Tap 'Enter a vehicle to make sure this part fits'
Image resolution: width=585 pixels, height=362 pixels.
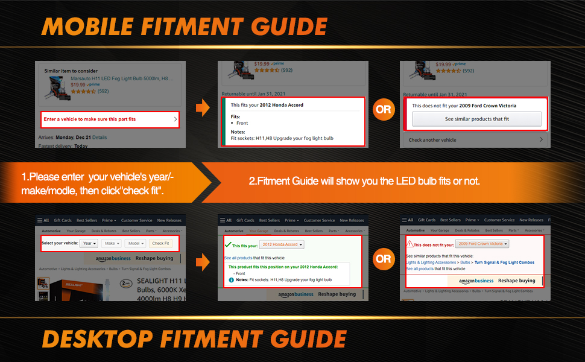coord(90,119)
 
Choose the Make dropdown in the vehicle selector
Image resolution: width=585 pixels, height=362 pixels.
coord(110,243)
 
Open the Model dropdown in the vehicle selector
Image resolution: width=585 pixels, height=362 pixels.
coord(134,243)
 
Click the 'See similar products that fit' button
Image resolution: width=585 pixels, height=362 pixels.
coord(476,119)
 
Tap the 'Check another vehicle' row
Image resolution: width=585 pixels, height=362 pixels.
coord(432,140)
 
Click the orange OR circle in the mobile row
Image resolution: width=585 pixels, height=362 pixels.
coord(383,109)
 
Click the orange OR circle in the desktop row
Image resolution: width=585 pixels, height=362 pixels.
coord(383,259)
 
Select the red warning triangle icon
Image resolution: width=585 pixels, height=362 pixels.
coord(409,244)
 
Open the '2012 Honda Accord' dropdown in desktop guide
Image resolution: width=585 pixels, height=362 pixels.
coord(282,244)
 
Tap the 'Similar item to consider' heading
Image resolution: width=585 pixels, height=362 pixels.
coord(71,71)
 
